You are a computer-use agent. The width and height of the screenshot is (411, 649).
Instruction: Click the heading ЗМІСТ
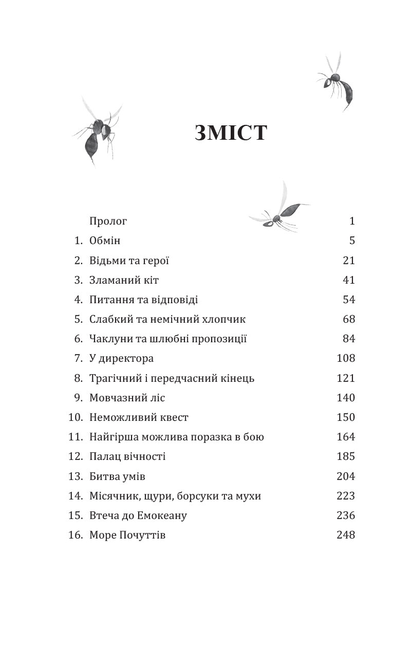click(x=231, y=133)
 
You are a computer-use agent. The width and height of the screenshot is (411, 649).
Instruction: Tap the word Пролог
click(x=108, y=221)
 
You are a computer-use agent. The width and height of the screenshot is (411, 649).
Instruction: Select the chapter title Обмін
click(x=105, y=241)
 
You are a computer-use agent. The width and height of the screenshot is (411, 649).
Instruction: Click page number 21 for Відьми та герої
click(x=349, y=261)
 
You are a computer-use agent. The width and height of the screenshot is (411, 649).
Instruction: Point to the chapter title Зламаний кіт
click(x=120, y=280)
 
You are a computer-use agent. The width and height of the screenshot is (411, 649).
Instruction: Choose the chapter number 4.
click(x=78, y=300)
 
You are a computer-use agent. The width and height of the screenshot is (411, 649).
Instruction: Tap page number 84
click(x=349, y=339)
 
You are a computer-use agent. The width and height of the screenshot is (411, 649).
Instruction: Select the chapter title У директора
click(x=121, y=358)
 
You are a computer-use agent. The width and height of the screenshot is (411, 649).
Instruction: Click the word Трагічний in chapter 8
click(x=116, y=378)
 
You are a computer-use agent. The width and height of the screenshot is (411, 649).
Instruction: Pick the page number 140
click(x=346, y=398)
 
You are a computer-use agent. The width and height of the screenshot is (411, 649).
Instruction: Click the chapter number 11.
click(x=75, y=437)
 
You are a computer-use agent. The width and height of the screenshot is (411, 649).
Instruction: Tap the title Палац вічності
click(x=127, y=456)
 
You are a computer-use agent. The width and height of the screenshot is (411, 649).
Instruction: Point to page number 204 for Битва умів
click(x=346, y=476)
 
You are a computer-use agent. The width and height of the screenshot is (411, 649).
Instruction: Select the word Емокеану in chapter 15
click(x=161, y=515)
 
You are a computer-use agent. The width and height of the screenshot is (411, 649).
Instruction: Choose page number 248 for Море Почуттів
click(x=346, y=535)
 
